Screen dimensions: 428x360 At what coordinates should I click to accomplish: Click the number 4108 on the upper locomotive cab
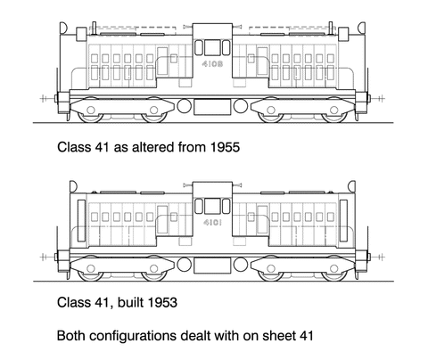tap(212, 64)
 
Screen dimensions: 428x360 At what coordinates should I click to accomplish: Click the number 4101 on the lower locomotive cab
tap(212, 222)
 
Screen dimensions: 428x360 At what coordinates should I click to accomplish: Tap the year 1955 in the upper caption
tap(225, 147)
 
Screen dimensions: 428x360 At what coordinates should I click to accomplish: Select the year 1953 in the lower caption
tap(162, 302)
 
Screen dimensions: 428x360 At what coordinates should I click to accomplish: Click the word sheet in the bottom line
tap(279, 336)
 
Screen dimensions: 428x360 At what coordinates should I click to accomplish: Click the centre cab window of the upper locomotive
tap(212, 47)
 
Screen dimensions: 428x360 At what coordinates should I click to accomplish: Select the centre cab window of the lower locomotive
tap(212, 206)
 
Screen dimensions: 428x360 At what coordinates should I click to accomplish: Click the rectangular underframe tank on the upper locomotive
tap(212, 107)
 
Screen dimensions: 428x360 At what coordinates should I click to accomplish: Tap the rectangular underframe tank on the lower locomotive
tap(212, 266)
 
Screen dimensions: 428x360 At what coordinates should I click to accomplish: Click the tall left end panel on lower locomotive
tap(81, 220)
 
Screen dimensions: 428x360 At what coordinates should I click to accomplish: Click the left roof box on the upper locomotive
tap(81, 34)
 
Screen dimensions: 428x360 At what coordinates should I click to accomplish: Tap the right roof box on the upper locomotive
tap(343, 34)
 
